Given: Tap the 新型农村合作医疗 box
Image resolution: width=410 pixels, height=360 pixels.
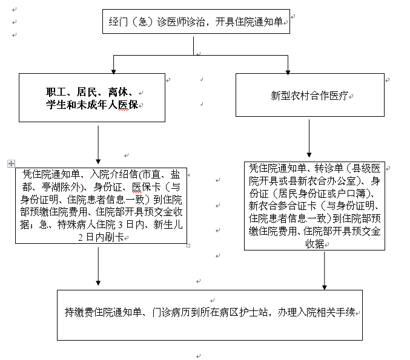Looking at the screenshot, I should point(309,95).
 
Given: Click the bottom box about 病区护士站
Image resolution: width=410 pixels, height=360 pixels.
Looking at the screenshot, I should point(214,313).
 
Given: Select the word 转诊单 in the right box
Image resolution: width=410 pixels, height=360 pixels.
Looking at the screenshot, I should point(329,168).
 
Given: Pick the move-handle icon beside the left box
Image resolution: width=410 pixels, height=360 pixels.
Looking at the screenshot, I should point(11,163).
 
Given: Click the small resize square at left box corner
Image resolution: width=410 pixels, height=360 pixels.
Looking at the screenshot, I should point(188,245).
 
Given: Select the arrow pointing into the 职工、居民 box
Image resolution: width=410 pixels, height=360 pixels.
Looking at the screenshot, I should point(114,64).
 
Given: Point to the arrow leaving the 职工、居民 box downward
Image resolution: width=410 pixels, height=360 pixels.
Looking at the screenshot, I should point(98,142).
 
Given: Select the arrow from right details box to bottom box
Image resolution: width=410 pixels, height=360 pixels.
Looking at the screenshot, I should point(325,270).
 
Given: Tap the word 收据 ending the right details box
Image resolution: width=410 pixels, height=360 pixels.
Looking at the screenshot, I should point(314,244).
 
